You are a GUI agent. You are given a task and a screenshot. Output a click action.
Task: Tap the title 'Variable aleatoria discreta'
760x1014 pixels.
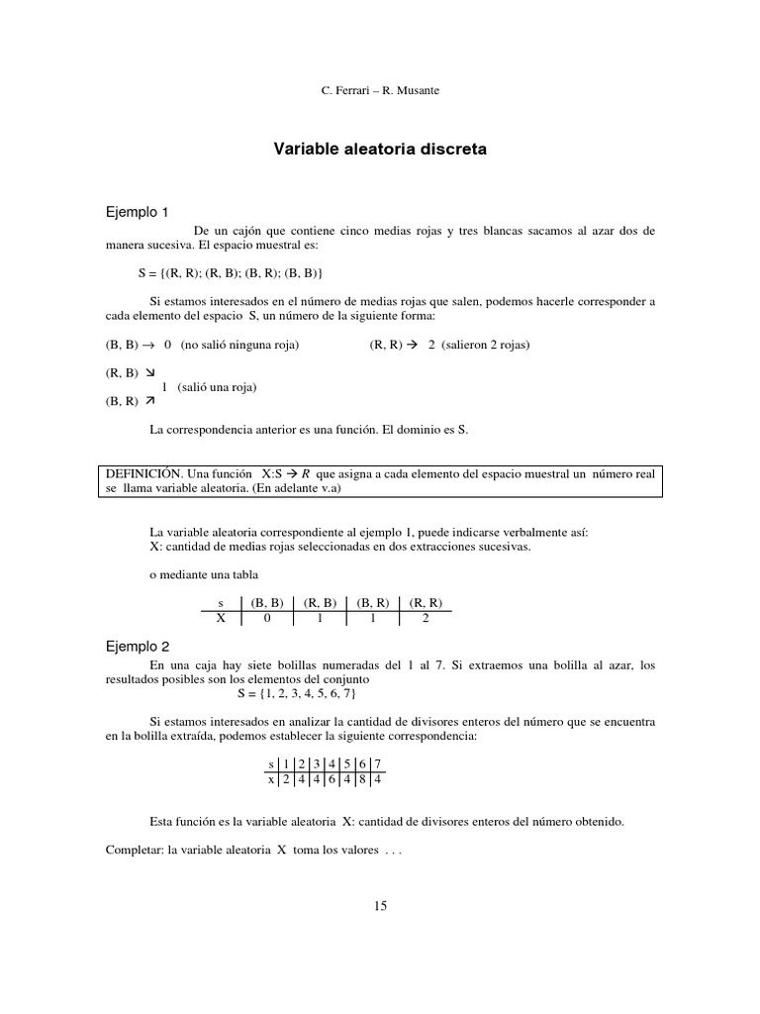[380, 151]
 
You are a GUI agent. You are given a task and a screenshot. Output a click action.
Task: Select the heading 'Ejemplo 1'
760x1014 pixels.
[138, 212]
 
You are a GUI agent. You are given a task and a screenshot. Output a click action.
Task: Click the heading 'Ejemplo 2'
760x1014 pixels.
[138, 646]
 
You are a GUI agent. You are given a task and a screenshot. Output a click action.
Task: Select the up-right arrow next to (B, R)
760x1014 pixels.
[149, 402]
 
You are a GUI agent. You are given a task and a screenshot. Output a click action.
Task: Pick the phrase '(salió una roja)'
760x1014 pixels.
[217, 387]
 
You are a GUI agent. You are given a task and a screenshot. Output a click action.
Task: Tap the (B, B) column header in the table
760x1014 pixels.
[267, 601]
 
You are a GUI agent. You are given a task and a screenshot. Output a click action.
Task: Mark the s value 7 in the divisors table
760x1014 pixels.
[375, 763]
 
